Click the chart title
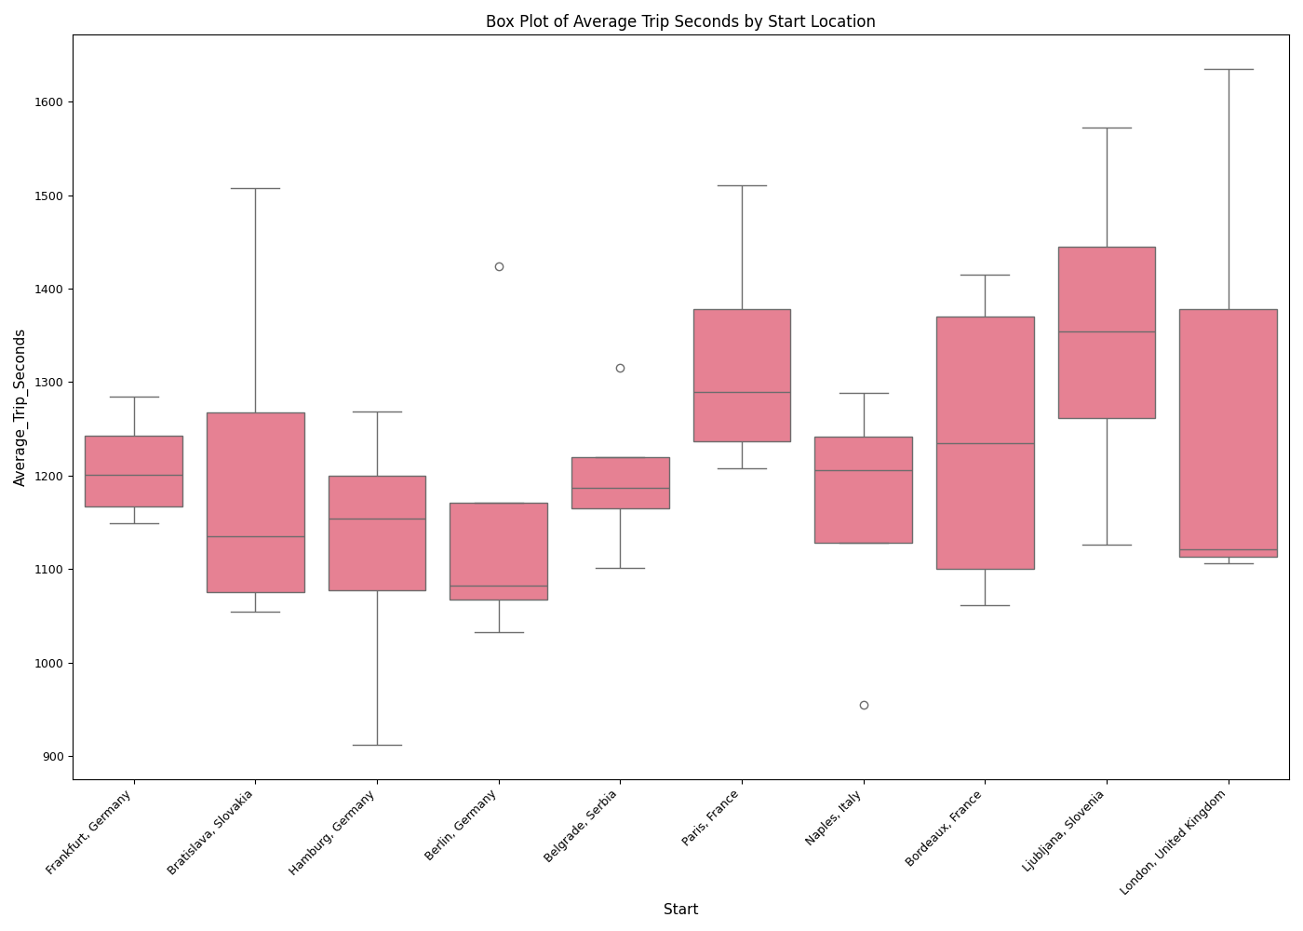(680, 21)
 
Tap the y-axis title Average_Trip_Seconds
(20, 407)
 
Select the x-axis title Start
(680, 910)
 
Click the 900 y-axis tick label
(54, 757)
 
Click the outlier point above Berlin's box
(499, 267)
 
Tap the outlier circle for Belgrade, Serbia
(621, 369)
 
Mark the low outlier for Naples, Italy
(864, 706)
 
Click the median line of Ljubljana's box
(1107, 332)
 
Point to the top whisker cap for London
(1229, 70)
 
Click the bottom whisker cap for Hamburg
(377, 745)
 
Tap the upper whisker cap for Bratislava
(256, 189)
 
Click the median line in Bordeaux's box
(985, 444)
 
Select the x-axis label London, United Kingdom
(1175, 842)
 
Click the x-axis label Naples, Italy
(834, 818)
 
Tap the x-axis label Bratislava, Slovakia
(210, 832)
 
